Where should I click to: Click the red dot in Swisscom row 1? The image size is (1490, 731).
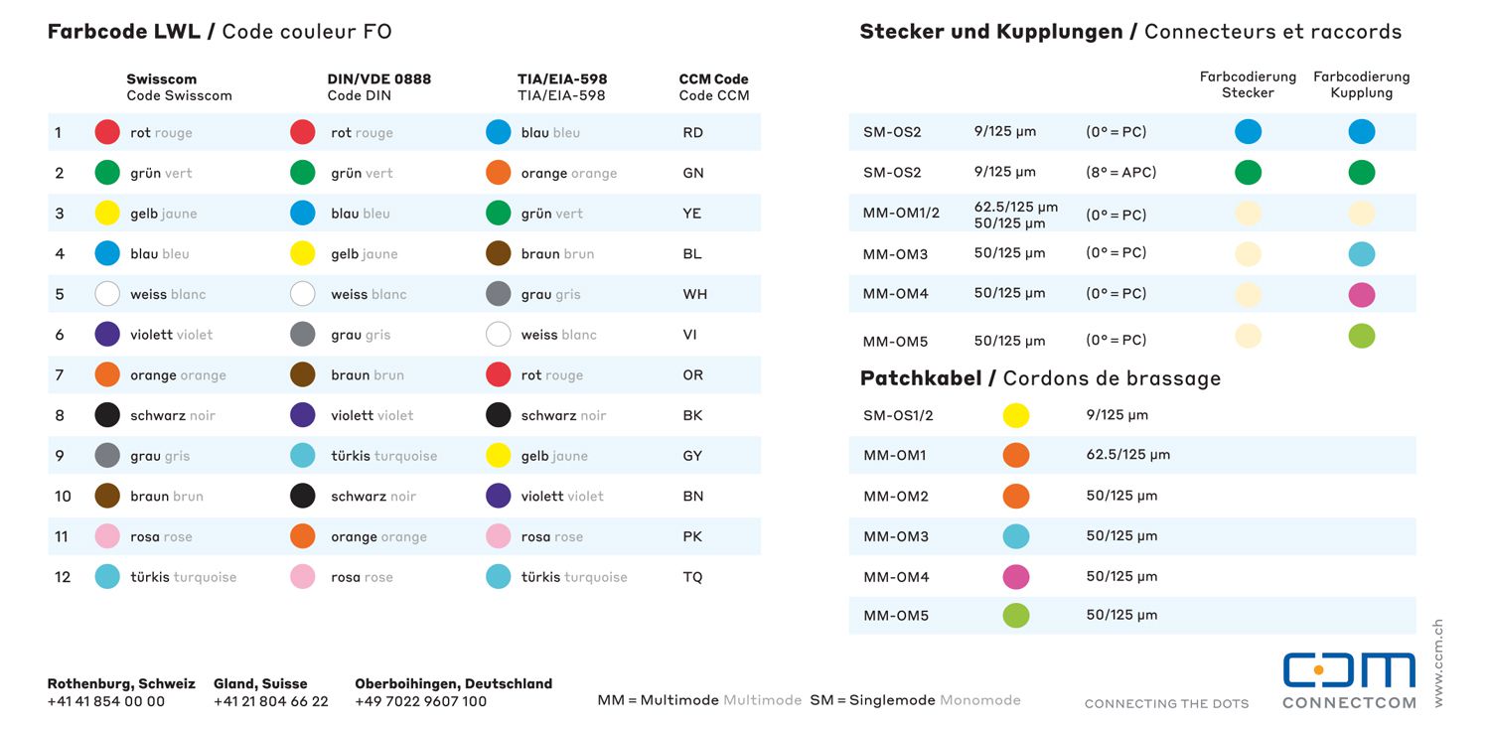coord(107,132)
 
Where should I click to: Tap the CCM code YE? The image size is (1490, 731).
coord(692,214)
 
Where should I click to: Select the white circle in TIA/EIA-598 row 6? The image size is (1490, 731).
coord(499,335)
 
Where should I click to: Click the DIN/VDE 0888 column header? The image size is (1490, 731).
coord(378,79)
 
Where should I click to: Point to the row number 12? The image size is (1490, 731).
coord(63,577)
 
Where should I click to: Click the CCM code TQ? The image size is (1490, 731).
coord(692,577)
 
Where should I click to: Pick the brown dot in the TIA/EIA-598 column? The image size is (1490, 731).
coord(499,253)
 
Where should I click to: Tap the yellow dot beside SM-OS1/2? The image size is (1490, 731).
coord(1016,415)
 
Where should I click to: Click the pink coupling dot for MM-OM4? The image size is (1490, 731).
coord(1362,295)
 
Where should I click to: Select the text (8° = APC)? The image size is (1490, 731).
coord(1120,172)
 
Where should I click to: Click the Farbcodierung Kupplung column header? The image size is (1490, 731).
coord(1361,84)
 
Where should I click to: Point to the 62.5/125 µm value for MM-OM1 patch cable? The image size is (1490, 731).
coord(1127,455)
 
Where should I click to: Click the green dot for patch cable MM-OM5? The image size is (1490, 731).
coord(1016,616)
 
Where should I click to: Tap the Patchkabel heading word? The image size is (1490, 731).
coord(921,378)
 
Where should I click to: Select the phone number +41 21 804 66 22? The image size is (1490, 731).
coord(270,701)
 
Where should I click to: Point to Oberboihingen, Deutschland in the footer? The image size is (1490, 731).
coord(453,683)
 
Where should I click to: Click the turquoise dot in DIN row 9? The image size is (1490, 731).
coord(303,456)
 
